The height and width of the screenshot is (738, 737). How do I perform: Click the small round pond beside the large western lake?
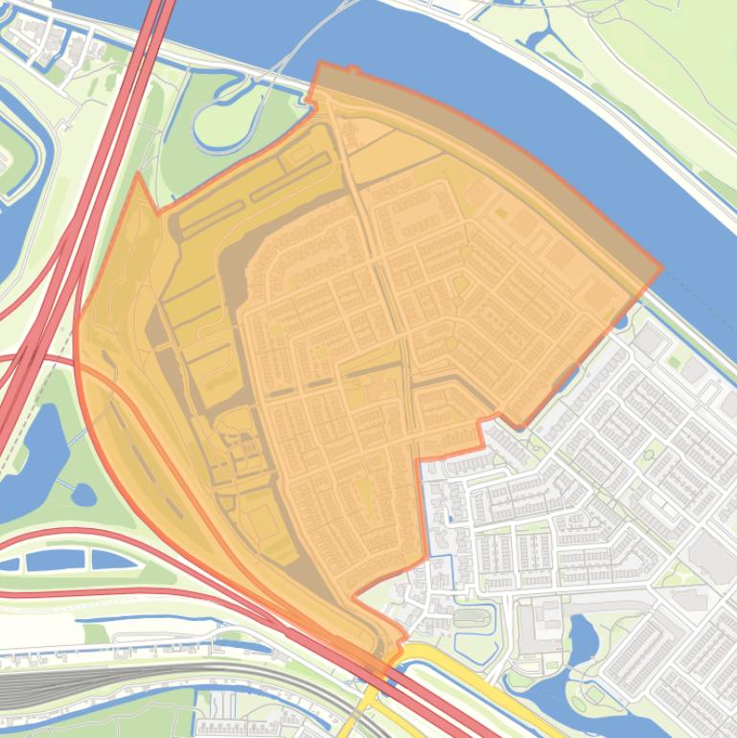[83, 495]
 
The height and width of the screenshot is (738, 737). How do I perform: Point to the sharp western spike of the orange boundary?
[138, 175]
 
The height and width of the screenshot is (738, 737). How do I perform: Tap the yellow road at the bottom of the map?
[450, 671]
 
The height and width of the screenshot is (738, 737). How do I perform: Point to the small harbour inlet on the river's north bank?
[537, 38]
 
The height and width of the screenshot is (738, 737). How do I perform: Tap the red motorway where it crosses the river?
[158, 19]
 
